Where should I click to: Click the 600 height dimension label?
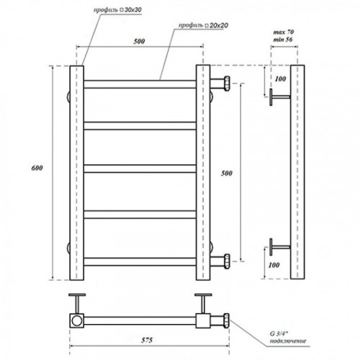(x=37, y=168)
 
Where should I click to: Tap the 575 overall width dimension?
(x=147, y=340)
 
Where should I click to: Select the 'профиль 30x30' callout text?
(x=117, y=10)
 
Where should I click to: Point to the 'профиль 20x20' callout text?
(x=203, y=25)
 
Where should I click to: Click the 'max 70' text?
(x=284, y=32)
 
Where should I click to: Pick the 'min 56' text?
(x=283, y=40)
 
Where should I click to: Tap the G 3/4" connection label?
(x=279, y=333)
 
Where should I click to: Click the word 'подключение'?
(x=288, y=341)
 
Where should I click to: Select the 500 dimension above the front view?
(x=139, y=41)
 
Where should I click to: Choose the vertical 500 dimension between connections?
(x=227, y=174)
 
